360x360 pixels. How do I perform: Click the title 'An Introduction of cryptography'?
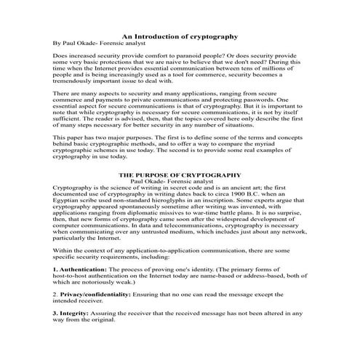pyautogui.click(x=180, y=35)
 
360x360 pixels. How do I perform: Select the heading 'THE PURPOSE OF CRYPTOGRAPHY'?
pyautogui.click(x=180, y=176)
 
